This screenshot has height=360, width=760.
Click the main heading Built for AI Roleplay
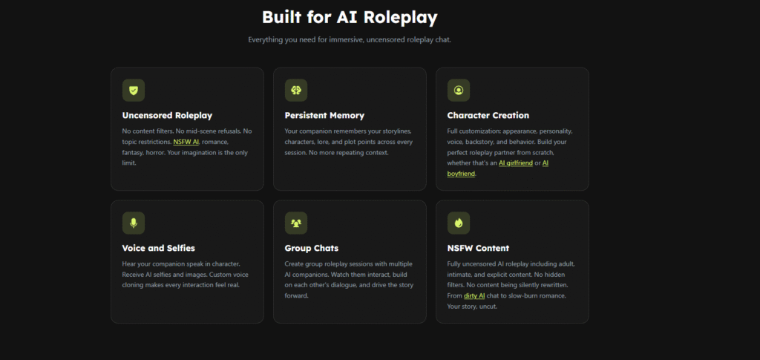(x=350, y=17)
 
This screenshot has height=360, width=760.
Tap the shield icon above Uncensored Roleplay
(x=134, y=90)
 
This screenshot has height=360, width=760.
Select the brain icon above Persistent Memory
(x=295, y=90)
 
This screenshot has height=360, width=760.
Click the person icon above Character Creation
(x=459, y=90)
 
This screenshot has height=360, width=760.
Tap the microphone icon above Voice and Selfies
(x=134, y=223)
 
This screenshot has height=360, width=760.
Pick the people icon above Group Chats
(x=295, y=223)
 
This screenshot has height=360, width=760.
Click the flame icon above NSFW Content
(x=459, y=223)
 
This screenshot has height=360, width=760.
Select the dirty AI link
(x=474, y=295)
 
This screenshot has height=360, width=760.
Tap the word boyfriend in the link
(x=461, y=174)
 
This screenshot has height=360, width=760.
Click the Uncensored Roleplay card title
(x=167, y=115)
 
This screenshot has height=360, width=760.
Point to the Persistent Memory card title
(x=324, y=115)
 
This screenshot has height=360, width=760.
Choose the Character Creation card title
(x=488, y=115)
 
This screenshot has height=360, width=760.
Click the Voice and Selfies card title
(x=159, y=248)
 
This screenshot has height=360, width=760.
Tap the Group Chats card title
(x=312, y=248)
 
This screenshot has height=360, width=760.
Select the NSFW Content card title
(x=479, y=248)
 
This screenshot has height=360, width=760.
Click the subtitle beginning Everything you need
(x=350, y=40)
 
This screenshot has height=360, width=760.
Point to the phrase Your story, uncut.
(x=472, y=307)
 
